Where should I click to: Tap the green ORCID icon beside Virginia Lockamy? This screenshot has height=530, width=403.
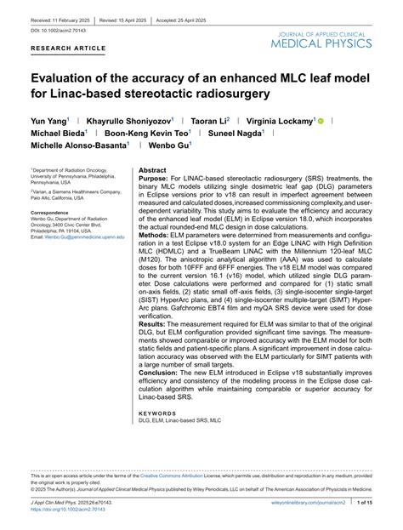point(321,122)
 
